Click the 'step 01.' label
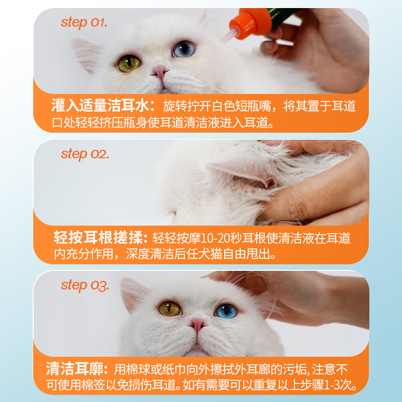pyautogui.click(x=84, y=23)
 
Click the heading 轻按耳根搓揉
pyautogui.click(x=98, y=238)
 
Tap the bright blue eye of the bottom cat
pyautogui.click(x=226, y=311)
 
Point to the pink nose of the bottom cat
pyautogui.click(x=197, y=325)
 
